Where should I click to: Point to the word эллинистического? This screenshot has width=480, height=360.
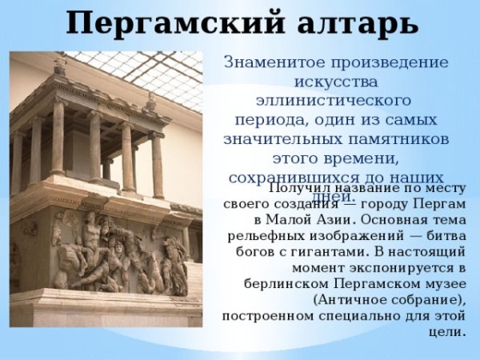(x=334, y=101)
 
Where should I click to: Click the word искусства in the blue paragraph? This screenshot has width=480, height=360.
(x=335, y=82)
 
